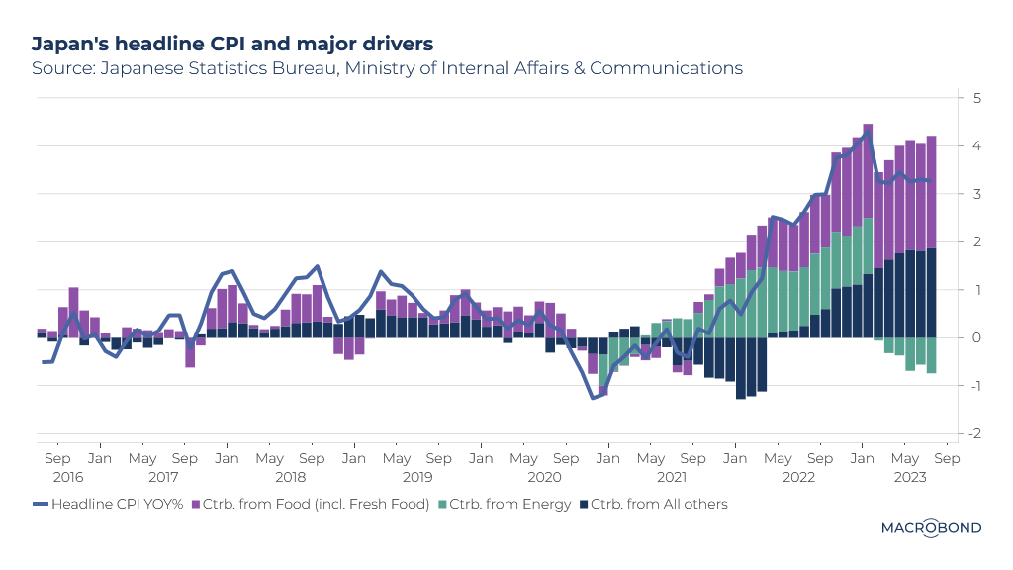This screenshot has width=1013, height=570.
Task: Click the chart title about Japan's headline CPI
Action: pos(232,44)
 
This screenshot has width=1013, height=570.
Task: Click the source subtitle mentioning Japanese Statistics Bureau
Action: pos(387,68)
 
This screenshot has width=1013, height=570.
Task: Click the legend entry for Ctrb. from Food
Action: pos(310,504)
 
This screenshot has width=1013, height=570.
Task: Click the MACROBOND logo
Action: pos(931,528)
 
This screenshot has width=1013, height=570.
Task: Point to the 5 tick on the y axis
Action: pos(976,98)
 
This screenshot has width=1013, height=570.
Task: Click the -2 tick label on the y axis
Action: pos(974,433)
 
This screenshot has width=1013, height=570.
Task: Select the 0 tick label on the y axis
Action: pos(976,337)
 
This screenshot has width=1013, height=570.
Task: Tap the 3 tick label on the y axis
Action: pos(976,194)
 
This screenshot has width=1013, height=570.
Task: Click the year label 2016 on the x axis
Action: pos(68,477)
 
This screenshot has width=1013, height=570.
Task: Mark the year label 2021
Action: pos(672,477)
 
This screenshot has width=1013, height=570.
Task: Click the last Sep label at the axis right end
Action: pos(946,459)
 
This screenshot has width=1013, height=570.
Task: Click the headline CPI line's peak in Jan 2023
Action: pos(868,132)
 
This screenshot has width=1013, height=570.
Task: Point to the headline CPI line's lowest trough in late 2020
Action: pos(593,398)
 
